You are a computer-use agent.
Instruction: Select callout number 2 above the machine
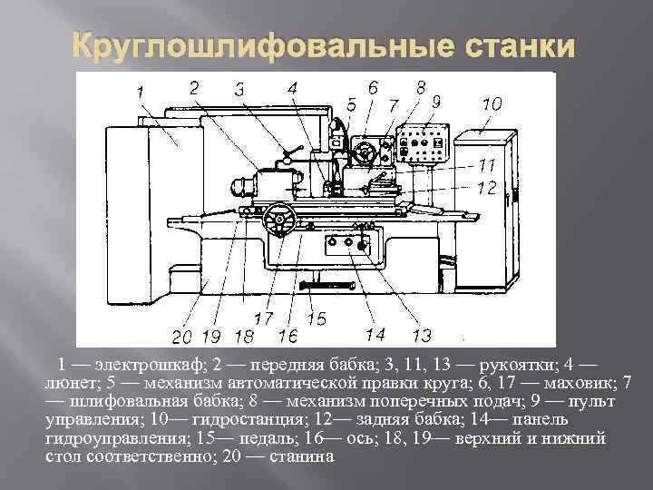click(x=195, y=86)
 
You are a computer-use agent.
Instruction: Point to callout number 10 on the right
click(x=491, y=104)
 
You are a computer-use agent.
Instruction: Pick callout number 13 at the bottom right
click(x=421, y=336)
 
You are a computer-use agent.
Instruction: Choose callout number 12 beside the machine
click(x=486, y=188)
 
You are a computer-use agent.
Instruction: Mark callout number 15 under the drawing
click(x=317, y=318)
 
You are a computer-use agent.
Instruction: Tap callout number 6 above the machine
click(x=372, y=88)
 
